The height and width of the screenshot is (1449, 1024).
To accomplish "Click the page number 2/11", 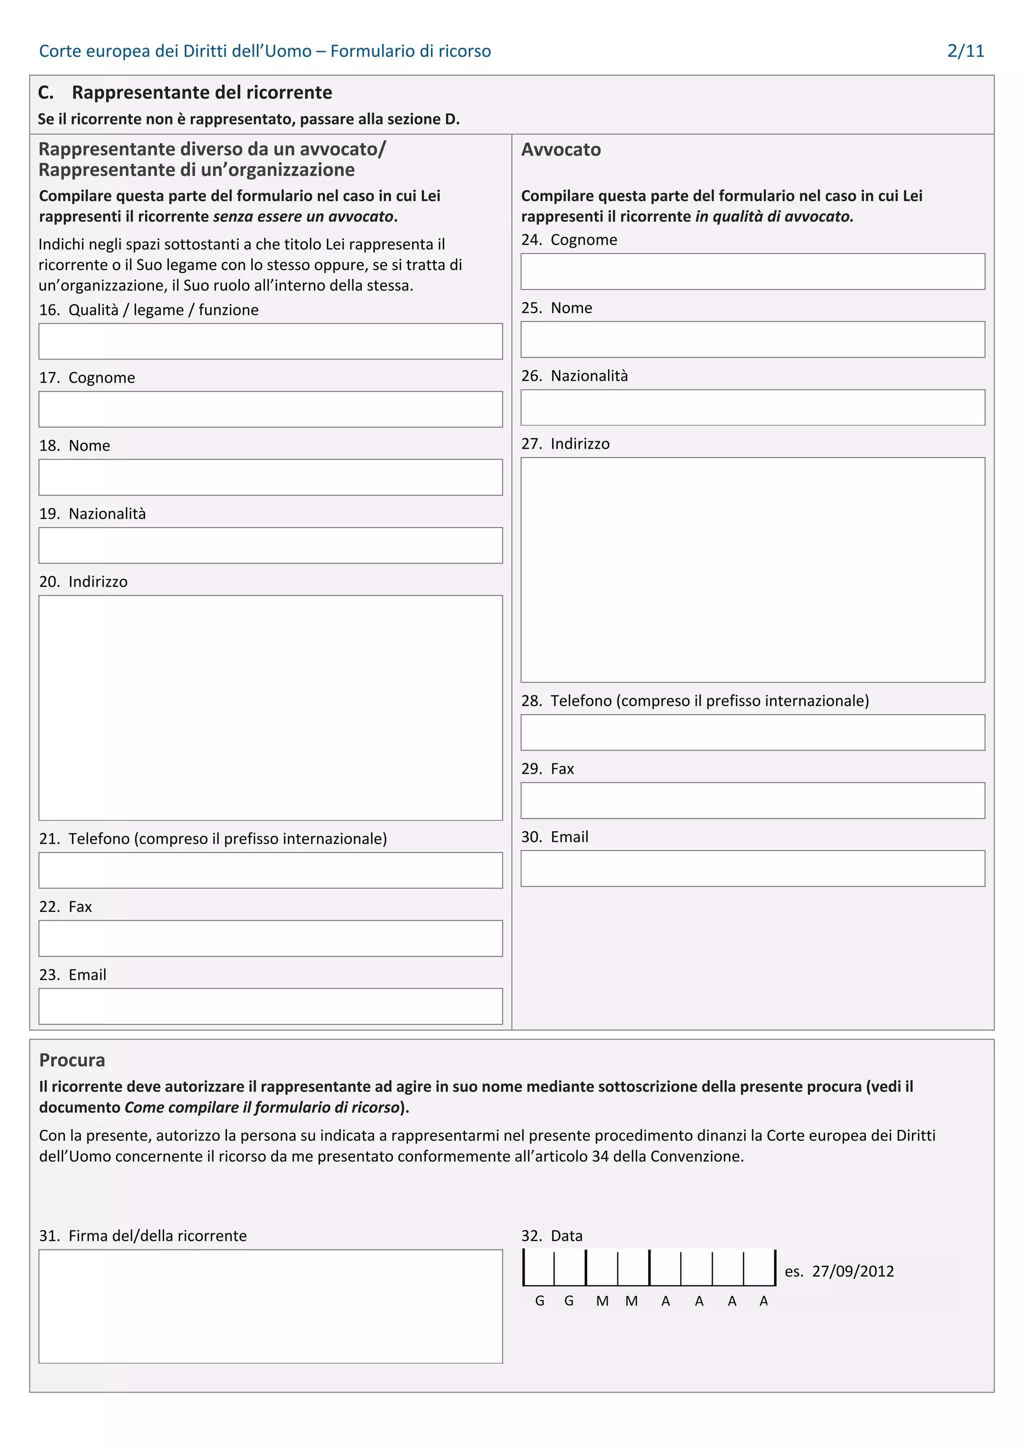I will (x=964, y=51).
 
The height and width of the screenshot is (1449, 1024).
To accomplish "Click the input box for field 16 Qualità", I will (x=270, y=342).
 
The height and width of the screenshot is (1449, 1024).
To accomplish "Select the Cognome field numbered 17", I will (x=270, y=409).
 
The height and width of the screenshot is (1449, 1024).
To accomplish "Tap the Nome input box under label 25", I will (x=752, y=340).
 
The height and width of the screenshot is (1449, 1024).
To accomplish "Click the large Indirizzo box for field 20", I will (x=270, y=707).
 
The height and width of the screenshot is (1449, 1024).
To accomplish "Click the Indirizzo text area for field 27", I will (x=752, y=569).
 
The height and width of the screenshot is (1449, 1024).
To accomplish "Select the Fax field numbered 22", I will (x=270, y=938).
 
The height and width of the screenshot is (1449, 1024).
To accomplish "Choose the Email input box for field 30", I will (x=752, y=868).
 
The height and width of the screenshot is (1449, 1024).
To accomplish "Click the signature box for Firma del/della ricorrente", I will (x=270, y=1306).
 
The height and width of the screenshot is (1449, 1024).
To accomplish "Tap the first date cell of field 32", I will (x=539, y=1267).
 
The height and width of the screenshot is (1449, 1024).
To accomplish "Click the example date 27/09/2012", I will (x=852, y=1271).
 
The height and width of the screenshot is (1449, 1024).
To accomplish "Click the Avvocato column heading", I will (x=560, y=150).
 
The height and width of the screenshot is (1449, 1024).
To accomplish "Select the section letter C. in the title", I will (x=45, y=93).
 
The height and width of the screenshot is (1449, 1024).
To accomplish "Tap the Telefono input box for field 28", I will (x=752, y=732).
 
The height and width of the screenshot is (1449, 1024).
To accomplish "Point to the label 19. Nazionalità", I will (x=92, y=513).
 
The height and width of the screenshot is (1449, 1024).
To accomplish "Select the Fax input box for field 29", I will (x=752, y=800).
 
